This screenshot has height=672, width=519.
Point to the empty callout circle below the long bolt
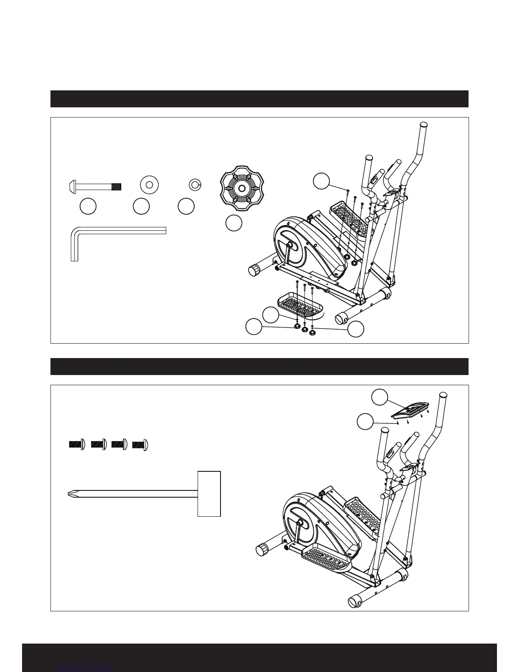[88, 206]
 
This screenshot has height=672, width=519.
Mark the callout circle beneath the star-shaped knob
[234, 223]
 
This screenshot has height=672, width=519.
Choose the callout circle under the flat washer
[141, 206]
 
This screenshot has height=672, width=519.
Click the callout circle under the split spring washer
[186, 206]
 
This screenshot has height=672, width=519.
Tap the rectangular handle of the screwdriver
[209, 493]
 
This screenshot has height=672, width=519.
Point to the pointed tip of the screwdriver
[70, 493]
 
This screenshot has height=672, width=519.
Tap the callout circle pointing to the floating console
[379, 398]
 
